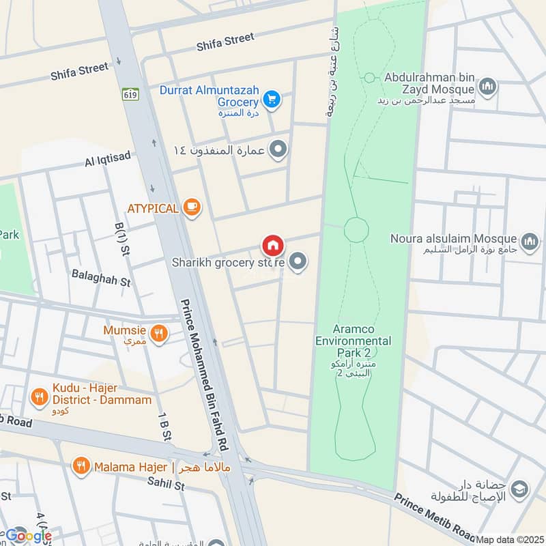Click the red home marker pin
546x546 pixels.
(272, 245)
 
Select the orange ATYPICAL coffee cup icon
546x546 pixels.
(192, 207)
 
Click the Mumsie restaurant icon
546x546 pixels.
(158, 332)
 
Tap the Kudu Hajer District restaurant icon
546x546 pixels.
(39, 395)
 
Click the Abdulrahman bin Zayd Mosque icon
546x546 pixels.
(487, 86)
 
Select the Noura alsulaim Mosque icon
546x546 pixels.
(530, 240)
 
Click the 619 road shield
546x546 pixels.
(130, 94)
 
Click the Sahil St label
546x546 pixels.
(165, 486)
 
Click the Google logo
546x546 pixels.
(27, 536)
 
